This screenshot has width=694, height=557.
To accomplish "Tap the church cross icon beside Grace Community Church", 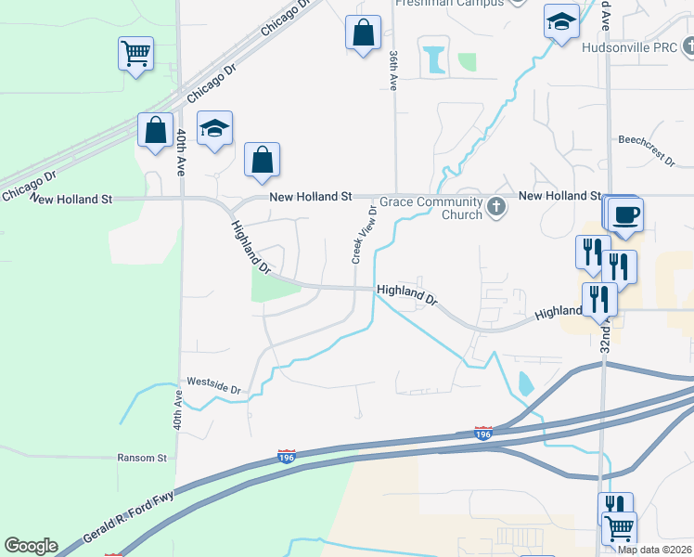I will pyautogui.click(x=496, y=206).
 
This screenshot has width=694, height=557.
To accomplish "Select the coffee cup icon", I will pyautogui.click(x=625, y=214).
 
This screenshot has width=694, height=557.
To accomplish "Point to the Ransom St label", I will pyautogui.click(x=141, y=458).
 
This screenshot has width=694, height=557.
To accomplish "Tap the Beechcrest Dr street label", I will pyautogui.click(x=647, y=148).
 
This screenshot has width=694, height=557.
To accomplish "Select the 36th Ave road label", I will pyautogui.click(x=392, y=70).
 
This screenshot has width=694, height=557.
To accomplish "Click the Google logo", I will pyautogui.click(x=31, y=545).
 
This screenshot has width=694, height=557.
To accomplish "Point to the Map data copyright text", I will pyautogui.click(x=654, y=550).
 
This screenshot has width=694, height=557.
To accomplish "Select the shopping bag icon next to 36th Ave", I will pyautogui.click(x=363, y=32).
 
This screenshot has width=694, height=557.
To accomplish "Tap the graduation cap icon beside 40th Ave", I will pyautogui.click(x=214, y=130).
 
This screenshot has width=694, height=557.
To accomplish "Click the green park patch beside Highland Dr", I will pyautogui.click(x=275, y=284).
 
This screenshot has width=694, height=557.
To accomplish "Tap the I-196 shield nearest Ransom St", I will pyautogui.click(x=287, y=456).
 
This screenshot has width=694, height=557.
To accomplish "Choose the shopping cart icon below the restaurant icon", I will pyautogui.click(x=619, y=528).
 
